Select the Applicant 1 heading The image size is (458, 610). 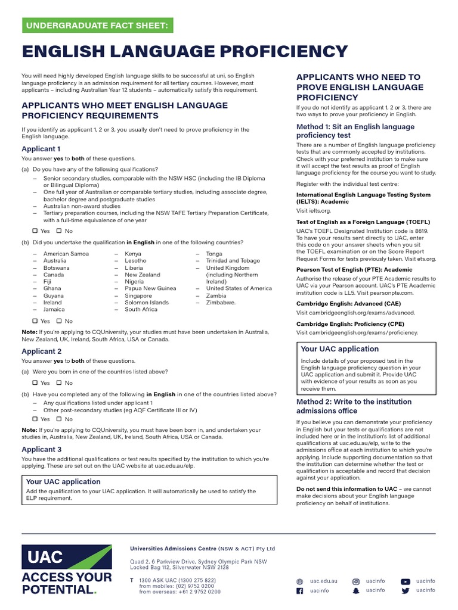(x=41, y=149)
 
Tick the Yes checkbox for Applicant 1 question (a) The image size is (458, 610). (x=35, y=231)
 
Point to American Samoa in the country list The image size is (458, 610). (x=66, y=254)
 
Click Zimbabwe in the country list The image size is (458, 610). (x=221, y=302)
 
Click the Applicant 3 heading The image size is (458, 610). (x=42, y=449)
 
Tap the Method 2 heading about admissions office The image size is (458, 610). (x=354, y=406)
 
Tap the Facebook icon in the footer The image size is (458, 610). (x=300, y=590)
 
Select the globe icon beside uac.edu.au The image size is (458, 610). (x=300, y=581)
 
